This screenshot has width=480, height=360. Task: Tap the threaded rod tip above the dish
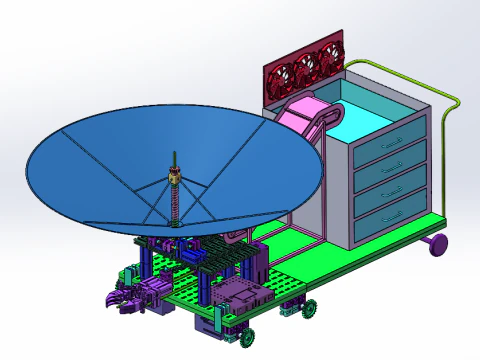(x=175, y=157)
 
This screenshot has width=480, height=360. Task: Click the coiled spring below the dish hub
(x=179, y=205)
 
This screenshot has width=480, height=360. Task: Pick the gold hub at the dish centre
(x=176, y=178)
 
